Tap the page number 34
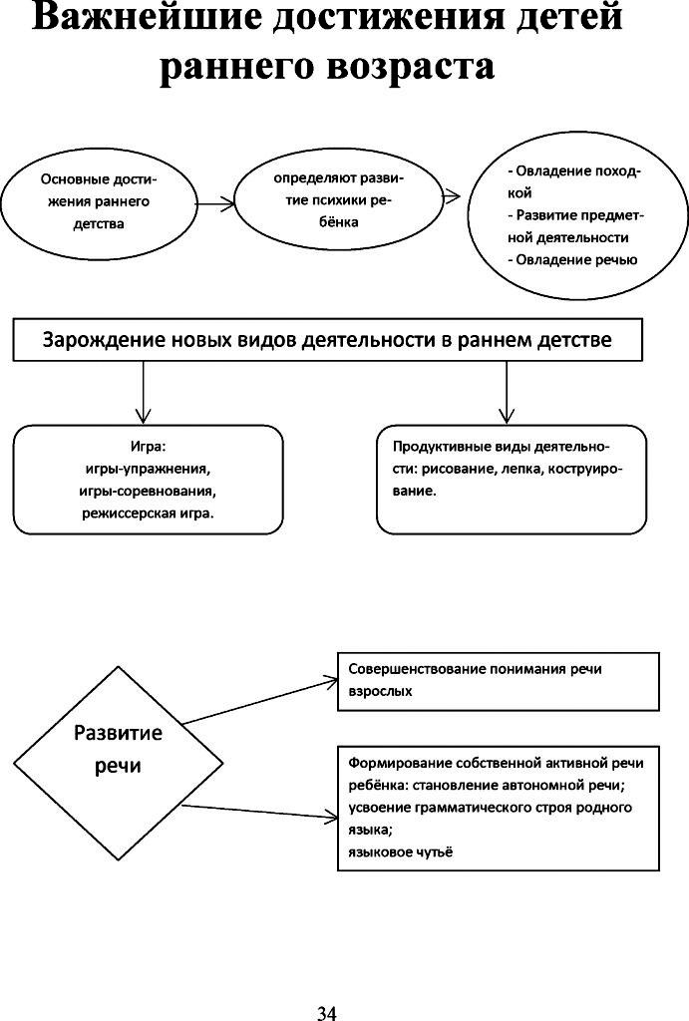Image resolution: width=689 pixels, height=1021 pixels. tap(327, 1013)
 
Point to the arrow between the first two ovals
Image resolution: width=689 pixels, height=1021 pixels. tap(215, 203)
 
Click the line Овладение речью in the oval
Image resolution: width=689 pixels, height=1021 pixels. tap(572, 260)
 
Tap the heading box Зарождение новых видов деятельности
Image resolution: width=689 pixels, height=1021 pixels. tap(328, 339)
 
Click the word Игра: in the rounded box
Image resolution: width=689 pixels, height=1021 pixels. tap(149, 447)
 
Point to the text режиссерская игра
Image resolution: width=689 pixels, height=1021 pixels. tap(148, 513)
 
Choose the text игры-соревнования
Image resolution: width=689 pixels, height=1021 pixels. tap(148, 491)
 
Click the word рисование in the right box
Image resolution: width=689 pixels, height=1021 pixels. tap(456, 469)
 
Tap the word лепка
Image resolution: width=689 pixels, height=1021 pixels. tap(517, 469)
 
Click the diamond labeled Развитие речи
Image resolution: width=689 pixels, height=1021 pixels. tap(118, 764)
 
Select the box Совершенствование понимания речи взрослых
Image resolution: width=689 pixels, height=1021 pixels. tap(499, 681)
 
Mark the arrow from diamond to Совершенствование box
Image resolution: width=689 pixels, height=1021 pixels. tap(260, 701)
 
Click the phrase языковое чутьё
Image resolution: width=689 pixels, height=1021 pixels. tap(400, 851)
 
